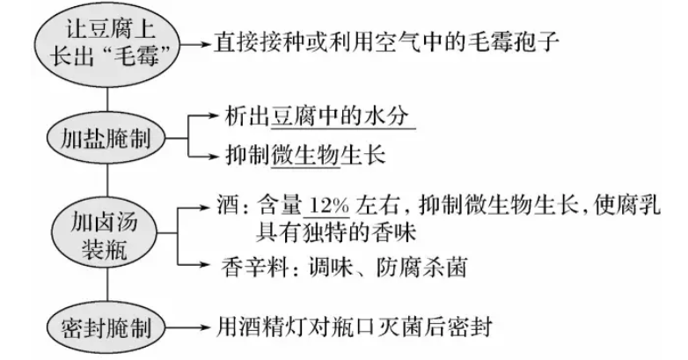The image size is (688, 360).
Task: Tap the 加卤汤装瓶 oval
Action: coord(106,233)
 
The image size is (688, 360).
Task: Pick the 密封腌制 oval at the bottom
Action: coord(106,330)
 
